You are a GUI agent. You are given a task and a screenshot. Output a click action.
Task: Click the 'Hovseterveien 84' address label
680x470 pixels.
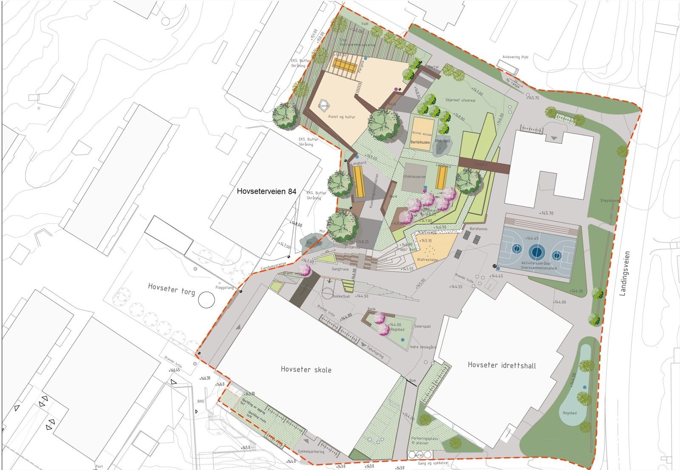(266, 192)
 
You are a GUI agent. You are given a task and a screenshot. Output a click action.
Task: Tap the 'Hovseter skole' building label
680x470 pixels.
(306, 369)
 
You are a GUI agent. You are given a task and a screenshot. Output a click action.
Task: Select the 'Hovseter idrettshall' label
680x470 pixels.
(501, 365)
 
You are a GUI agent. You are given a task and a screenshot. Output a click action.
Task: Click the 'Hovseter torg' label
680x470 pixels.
(171, 289)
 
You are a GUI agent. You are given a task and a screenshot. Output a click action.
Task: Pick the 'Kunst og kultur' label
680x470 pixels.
(342, 116)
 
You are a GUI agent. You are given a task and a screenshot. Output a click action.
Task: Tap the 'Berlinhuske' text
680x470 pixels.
(420, 143)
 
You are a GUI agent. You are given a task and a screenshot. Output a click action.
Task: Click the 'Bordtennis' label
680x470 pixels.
(479, 229)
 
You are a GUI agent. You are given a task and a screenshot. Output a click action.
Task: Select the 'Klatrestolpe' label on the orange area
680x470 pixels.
(428, 260)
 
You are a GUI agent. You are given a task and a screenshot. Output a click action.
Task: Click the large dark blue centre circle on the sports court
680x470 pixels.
(537, 252)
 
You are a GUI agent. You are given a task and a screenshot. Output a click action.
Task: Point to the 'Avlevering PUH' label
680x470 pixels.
(515, 57)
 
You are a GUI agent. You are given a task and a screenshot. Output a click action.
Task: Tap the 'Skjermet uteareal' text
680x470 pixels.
(460, 100)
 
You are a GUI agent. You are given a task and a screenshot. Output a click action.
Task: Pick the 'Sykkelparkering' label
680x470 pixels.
(311, 452)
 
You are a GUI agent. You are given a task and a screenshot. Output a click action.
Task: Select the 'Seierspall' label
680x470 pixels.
(422, 326)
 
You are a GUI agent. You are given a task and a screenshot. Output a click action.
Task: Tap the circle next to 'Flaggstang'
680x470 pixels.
(207, 300)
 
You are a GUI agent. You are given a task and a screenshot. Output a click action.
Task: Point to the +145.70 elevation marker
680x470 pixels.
(546, 213)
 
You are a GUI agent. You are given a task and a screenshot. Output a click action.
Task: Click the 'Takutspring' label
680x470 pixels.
(375, 351)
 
